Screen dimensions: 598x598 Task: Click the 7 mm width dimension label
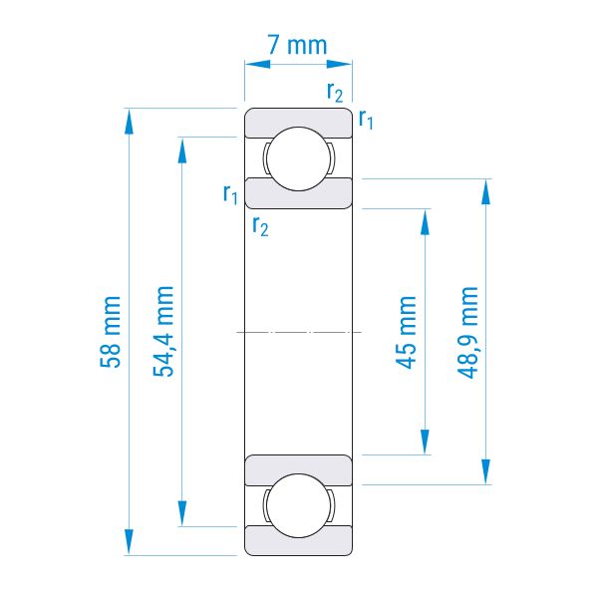pyautogui.click(x=297, y=45)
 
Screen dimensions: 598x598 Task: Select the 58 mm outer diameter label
pyautogui.click(x=111, y=332)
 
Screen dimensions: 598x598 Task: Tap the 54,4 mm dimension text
pyautogui.click(x=163, y=331)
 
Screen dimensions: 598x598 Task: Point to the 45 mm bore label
pyautogui.click(x=406, y=332)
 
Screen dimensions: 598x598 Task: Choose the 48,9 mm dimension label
pyautogui.click(x=467, y=333)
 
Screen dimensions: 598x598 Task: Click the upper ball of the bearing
pyautogui.click(x=298, y=158)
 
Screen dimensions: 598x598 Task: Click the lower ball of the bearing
pyautogui.click(x=298, y=505)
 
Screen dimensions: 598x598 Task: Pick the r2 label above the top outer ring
pyautogui.click(x=335, y=92)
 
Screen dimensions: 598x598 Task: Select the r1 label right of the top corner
pyautogui.click(x=366, y=119)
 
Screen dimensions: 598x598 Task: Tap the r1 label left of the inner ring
pyautogui.click(x=230, y=193)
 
